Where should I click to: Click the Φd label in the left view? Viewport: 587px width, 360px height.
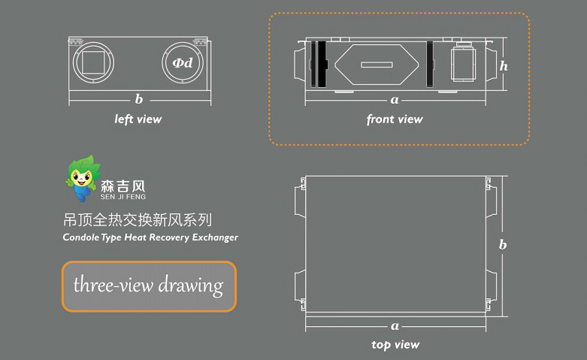[x=183, y=62]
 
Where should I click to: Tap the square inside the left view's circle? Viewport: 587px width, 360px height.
[x=93, y=62]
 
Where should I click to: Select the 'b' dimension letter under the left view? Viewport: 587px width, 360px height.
[x=139, y=99]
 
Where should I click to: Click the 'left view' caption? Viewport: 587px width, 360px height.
[x=138, y=119]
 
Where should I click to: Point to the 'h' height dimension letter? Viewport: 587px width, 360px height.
[x=504, y=66]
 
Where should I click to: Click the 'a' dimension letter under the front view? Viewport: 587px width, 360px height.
[x=395, y=100]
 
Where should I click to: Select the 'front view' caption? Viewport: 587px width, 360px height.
[x=395, y=119]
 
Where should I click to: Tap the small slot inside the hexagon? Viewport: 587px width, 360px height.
[x=377, y=65]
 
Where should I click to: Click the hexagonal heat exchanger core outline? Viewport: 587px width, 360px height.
[x=377, y=45]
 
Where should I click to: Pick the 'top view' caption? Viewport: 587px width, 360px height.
[x=395, y=344]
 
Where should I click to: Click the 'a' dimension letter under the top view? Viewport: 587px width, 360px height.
[x=395, y=326]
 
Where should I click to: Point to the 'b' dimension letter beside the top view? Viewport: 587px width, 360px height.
[x=503, y=244]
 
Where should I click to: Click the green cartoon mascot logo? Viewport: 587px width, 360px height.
[x=83, y=178]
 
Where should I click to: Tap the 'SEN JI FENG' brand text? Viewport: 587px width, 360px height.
[x=123, y=196]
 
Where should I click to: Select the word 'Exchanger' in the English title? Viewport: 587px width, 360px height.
[x=215, y=237]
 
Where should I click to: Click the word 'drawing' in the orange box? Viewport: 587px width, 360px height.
[x=191, y=286]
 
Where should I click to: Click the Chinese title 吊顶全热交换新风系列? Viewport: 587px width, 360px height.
[x=138, y=220]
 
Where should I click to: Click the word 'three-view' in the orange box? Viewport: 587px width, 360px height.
[x=113, y=284]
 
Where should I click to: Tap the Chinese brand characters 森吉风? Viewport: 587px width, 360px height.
[x=123, y=186]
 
